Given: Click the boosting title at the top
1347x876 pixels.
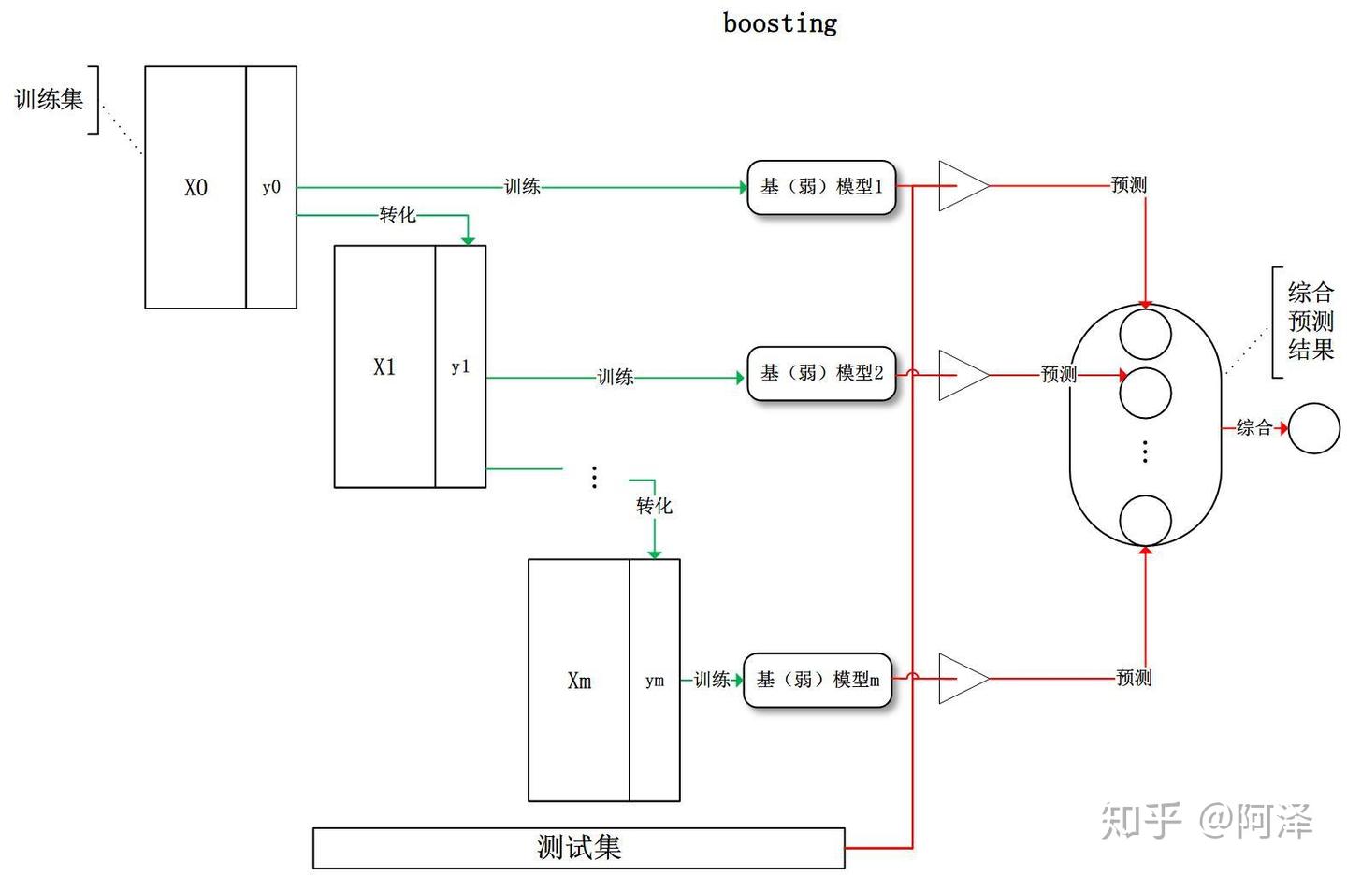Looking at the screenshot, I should (779, 22).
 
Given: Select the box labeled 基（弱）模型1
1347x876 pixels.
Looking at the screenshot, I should (821, 187).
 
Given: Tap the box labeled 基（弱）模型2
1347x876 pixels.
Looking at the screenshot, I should (821, 374).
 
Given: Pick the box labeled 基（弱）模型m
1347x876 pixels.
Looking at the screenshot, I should (818, 680).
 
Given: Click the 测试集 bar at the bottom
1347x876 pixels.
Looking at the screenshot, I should (578, 848).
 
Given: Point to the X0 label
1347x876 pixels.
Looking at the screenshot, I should (196, 188).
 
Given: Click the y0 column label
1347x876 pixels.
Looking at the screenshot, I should (271, 188).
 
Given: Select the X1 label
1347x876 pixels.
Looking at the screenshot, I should (384, 367).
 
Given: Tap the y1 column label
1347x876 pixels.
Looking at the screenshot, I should (460, 367).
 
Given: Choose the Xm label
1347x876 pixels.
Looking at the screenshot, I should (579, 682).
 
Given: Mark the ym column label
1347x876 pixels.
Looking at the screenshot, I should (655, 682).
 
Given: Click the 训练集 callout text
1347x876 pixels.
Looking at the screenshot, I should (49, 99).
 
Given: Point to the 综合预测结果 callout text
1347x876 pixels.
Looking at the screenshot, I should (1311, 322).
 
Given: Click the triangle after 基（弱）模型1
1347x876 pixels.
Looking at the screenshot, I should (962, 186).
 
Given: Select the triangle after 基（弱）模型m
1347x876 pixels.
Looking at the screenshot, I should (962, 678).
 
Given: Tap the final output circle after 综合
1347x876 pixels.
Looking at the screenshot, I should (1314, 428).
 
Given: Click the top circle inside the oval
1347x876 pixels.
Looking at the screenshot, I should (1146, 334).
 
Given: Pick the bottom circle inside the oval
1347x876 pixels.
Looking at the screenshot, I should (1146, 520).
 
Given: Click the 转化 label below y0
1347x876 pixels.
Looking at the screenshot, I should (398, 215).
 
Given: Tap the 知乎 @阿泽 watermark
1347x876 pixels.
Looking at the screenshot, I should (1207, 821).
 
